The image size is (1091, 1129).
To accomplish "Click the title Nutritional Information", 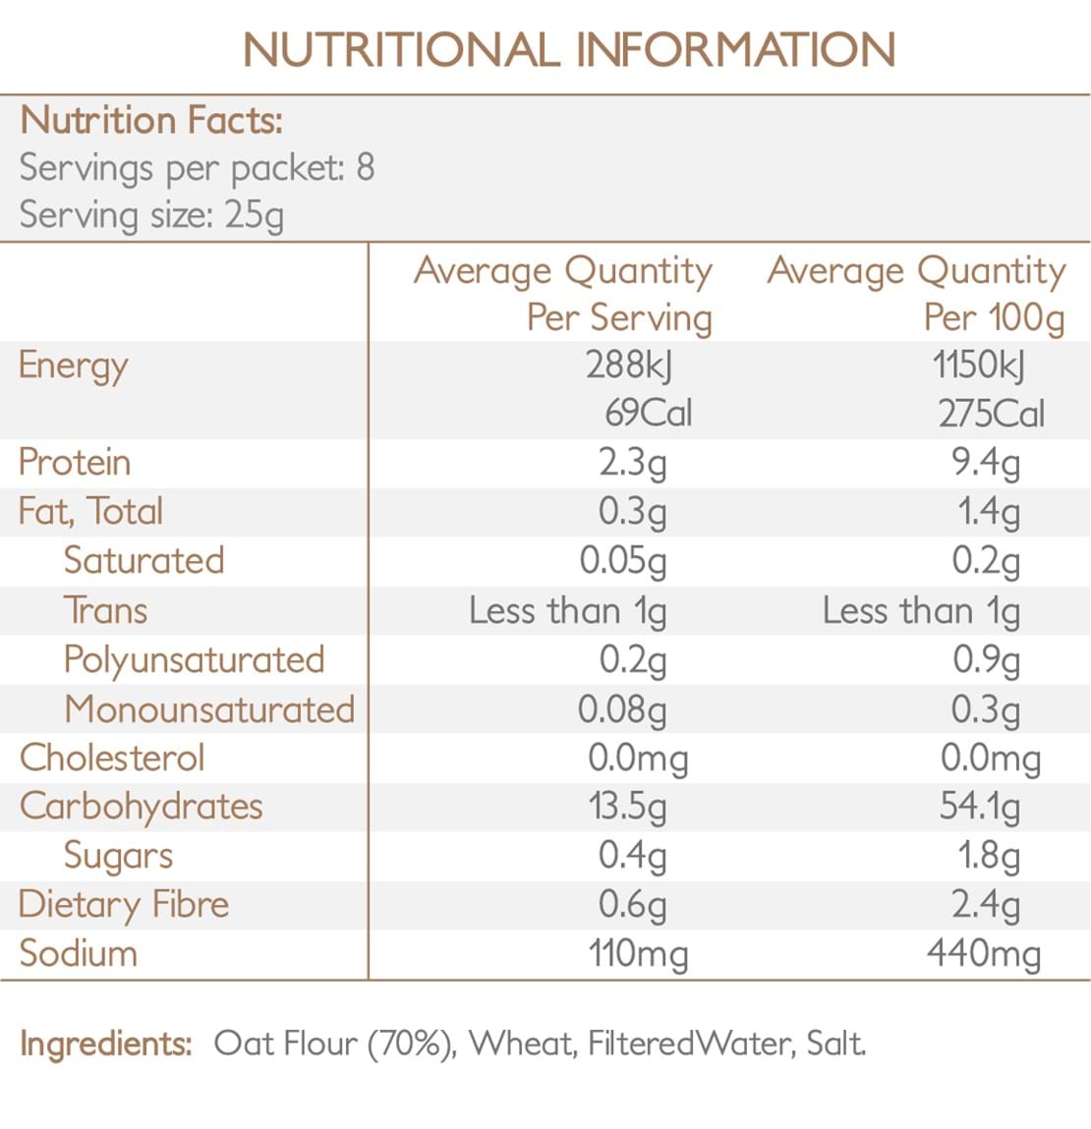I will [x=568, y=50].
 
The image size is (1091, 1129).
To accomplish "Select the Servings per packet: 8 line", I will [x=197, y=168].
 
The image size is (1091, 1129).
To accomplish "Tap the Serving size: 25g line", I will [x=151, y=214].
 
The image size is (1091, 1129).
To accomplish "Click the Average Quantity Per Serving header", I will [x=564, y=293].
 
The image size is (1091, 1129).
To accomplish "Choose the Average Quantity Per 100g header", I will [x=916, y=293].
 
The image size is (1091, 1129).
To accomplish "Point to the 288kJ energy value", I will [x=630, y=366].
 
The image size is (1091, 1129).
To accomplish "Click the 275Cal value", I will [x=991, y=414].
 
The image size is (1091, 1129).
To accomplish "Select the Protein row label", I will [x=75, y=462].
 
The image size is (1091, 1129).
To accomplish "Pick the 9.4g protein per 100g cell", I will [x=986, y=462].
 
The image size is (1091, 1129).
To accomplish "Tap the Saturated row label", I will [x=144, y=560].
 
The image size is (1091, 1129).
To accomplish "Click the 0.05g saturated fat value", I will [x=623, y=560].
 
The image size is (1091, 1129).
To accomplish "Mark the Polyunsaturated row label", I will [x=194, y=659].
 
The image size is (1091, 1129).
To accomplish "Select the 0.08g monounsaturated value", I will [x=622, y=708].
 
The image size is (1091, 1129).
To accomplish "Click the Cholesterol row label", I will [x=112, y=758].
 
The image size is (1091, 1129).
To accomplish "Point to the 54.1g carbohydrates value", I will [x=979, y=806].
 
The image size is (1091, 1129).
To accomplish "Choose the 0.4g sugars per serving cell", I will [x=633, y=855].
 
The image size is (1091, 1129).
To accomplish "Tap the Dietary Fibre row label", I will [x=124, y=904].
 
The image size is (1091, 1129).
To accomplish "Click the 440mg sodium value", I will [x=984, y=953].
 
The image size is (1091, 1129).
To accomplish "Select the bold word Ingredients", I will [x=105, y=1043].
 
